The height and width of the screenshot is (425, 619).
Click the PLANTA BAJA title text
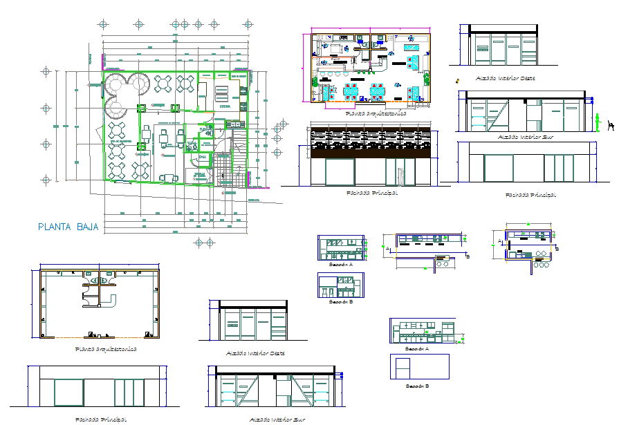68,227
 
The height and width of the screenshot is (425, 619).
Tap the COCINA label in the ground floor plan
224,107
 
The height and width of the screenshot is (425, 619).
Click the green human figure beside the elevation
598,122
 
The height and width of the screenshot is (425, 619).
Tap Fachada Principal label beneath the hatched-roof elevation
371,193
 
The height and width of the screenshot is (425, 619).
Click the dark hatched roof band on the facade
371,142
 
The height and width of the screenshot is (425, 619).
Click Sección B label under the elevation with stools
340,302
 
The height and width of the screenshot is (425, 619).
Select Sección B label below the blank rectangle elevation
417,386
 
